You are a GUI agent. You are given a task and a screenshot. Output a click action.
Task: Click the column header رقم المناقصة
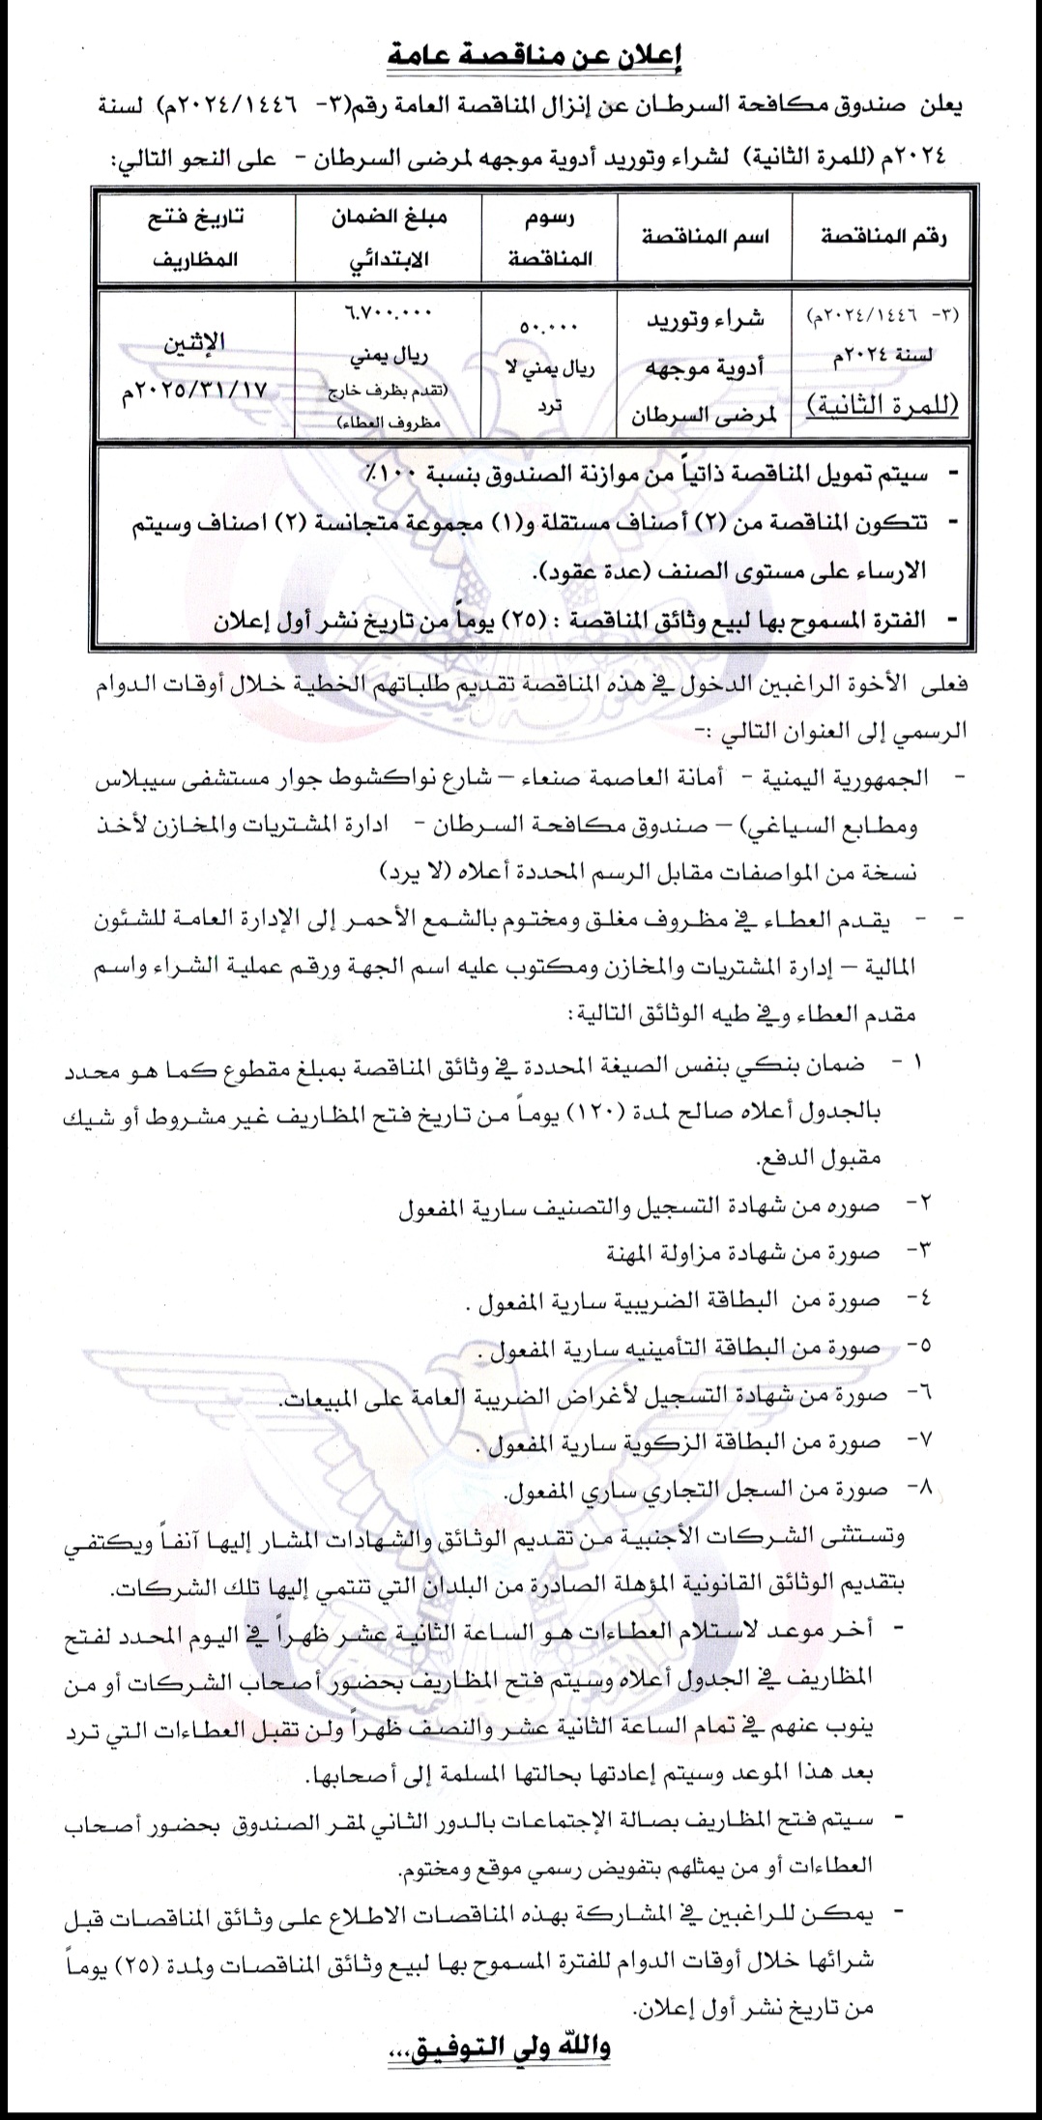point(883,236)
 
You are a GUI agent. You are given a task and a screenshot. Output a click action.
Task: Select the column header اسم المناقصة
point(705,235)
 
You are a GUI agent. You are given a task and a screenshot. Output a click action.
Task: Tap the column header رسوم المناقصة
point(548,237)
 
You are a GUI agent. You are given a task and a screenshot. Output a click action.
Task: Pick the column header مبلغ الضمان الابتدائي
point(387,236)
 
